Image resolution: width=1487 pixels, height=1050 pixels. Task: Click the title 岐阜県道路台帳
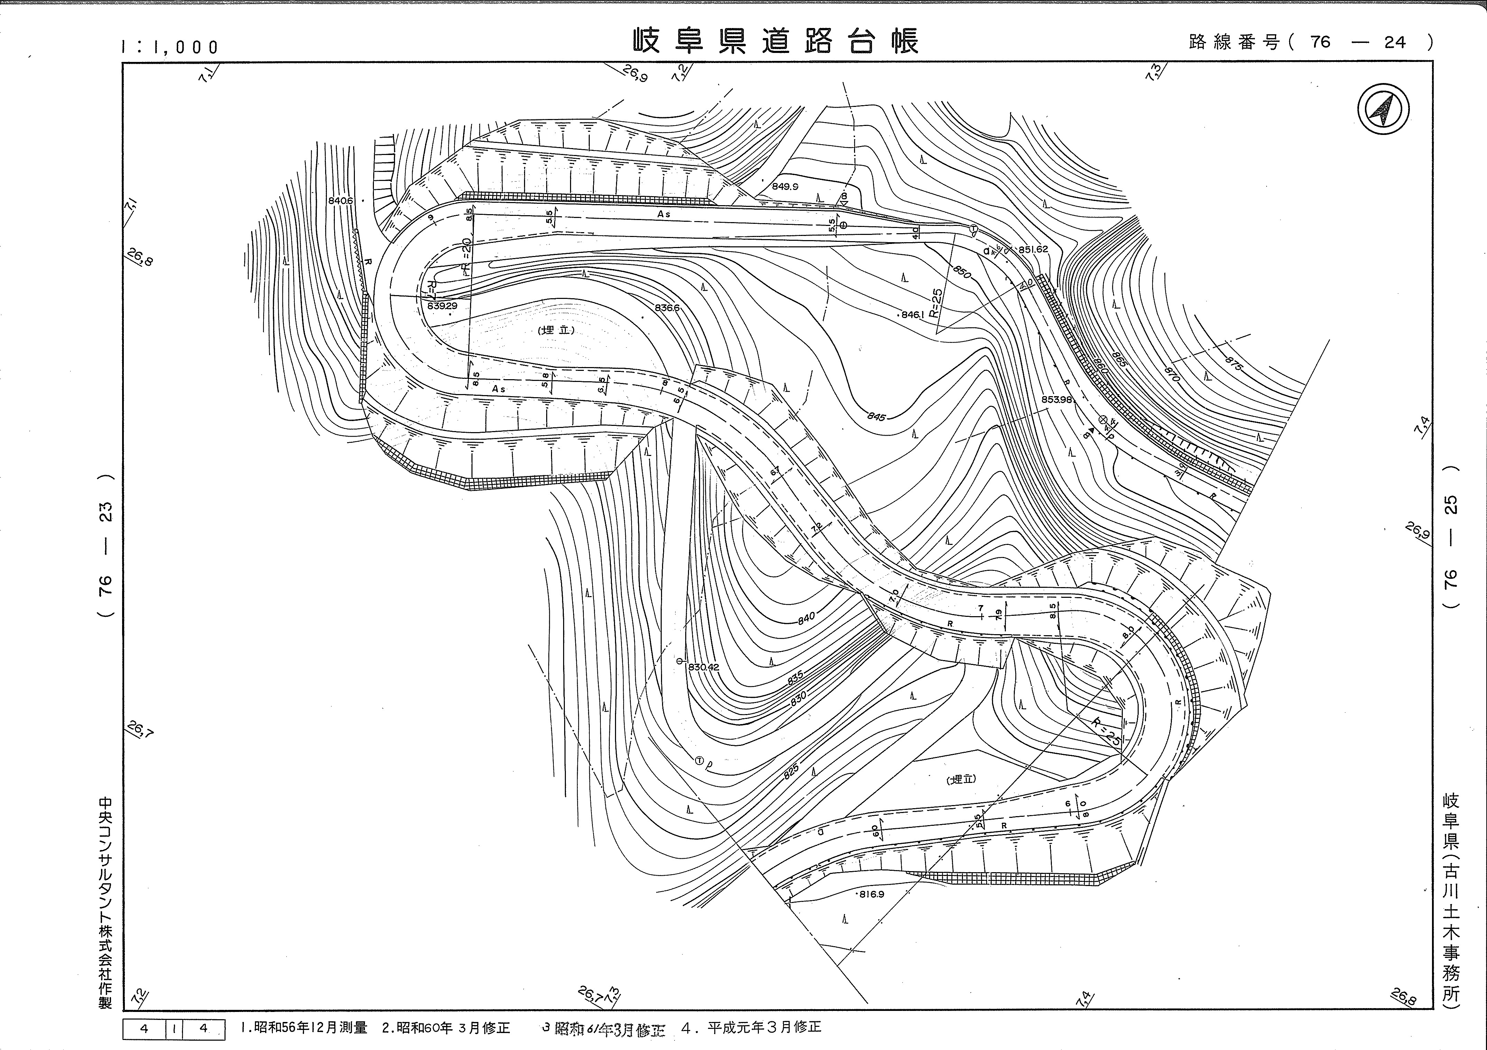(775, 42)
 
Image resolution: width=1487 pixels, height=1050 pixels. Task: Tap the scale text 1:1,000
(170, 47)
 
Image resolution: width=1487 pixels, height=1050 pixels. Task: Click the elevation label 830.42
(703, 667)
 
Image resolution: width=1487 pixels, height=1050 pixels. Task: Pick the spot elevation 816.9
(871, 895)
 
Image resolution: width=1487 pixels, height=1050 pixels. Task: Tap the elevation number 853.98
(1058, 400)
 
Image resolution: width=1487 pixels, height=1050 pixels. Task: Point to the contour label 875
(1234, 363)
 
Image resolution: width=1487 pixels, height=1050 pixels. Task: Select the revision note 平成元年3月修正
(764, 1027)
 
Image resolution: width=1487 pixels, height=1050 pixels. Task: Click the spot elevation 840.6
(341, 201)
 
